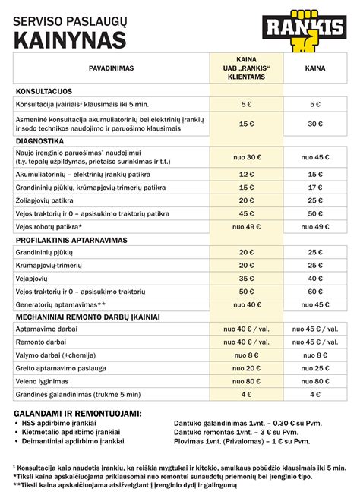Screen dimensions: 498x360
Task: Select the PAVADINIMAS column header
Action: [x=111, y=68]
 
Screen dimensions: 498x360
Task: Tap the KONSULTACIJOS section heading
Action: [x=44, y=90]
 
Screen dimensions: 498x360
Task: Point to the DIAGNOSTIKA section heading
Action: [x=39, y=140]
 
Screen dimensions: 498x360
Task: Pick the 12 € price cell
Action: [x=246, y=175]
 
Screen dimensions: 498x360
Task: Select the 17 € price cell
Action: [x=315, y=188]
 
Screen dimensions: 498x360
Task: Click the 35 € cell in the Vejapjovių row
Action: [x=246, y=279]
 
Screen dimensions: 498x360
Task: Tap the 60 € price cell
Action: [x=315, y=292]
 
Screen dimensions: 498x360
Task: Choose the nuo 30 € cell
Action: [x=246, y=157]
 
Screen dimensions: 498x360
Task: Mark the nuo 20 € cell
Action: [x=246, y=367]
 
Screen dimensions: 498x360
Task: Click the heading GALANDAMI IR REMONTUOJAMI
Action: [x=77, y=413]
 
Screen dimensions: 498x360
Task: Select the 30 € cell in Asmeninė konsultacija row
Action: [x=315, y=123]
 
